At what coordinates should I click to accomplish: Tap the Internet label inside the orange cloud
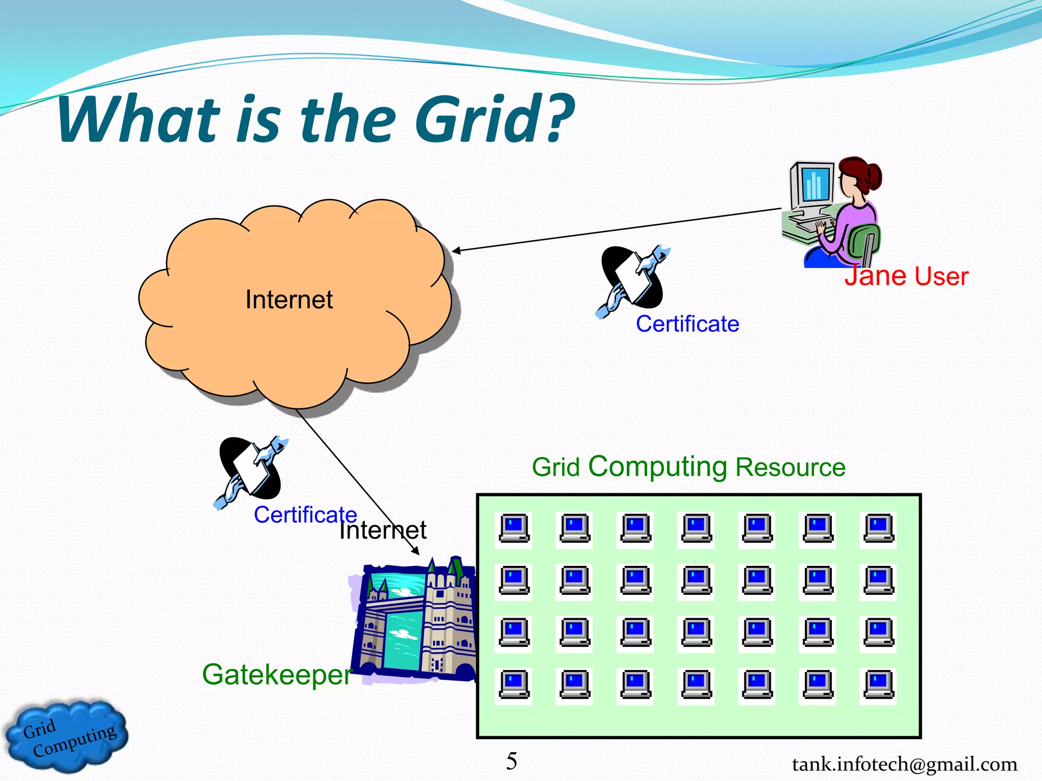click(x=288, y=299)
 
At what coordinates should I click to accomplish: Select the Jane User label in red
click(x=907, y=276)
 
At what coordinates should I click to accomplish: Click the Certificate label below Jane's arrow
click(x=687, y=324)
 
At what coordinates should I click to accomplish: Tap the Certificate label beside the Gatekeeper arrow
click(x=305, y=515)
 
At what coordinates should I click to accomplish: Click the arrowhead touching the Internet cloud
click(x=456, y=250)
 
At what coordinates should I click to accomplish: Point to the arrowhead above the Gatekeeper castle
click(x=416, y=551)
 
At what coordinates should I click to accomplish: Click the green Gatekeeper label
click(x=277, y=675)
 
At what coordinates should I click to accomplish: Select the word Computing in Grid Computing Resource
click(x=657, y=466)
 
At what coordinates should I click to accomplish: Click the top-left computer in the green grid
click(x=513, y=529)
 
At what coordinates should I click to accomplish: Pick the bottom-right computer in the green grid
click(x=878, y=685)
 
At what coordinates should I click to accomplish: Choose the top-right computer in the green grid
click(x=878, y=529)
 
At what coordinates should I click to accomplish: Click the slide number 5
click(x=511, y=761)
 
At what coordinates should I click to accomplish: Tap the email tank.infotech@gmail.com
click(x=904, y=764)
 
